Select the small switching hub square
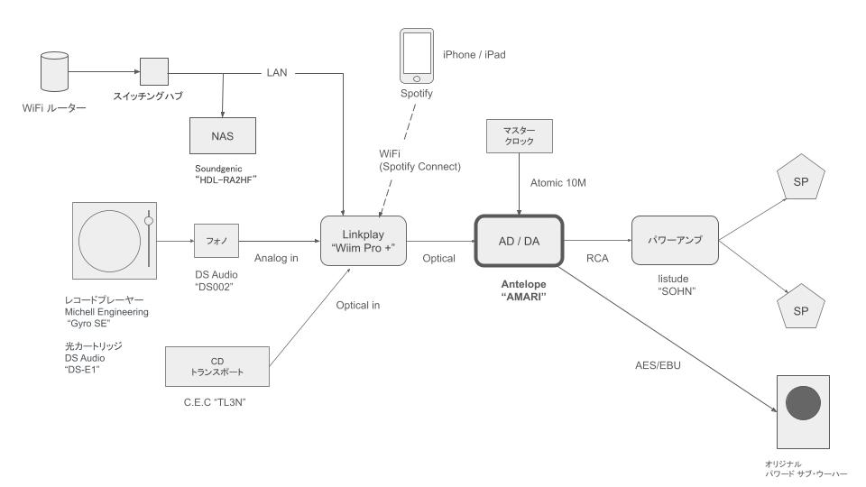click(x=152, y=71)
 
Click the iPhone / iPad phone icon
click(x=417, y=53)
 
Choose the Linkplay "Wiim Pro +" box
click(x=363, y=241)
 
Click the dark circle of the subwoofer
click(x=803, y=404)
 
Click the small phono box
click(x=213, y=241)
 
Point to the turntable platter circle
click(x=110, y=241)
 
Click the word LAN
click(x=277, y=71)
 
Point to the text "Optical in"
click(x=358, y=305)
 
